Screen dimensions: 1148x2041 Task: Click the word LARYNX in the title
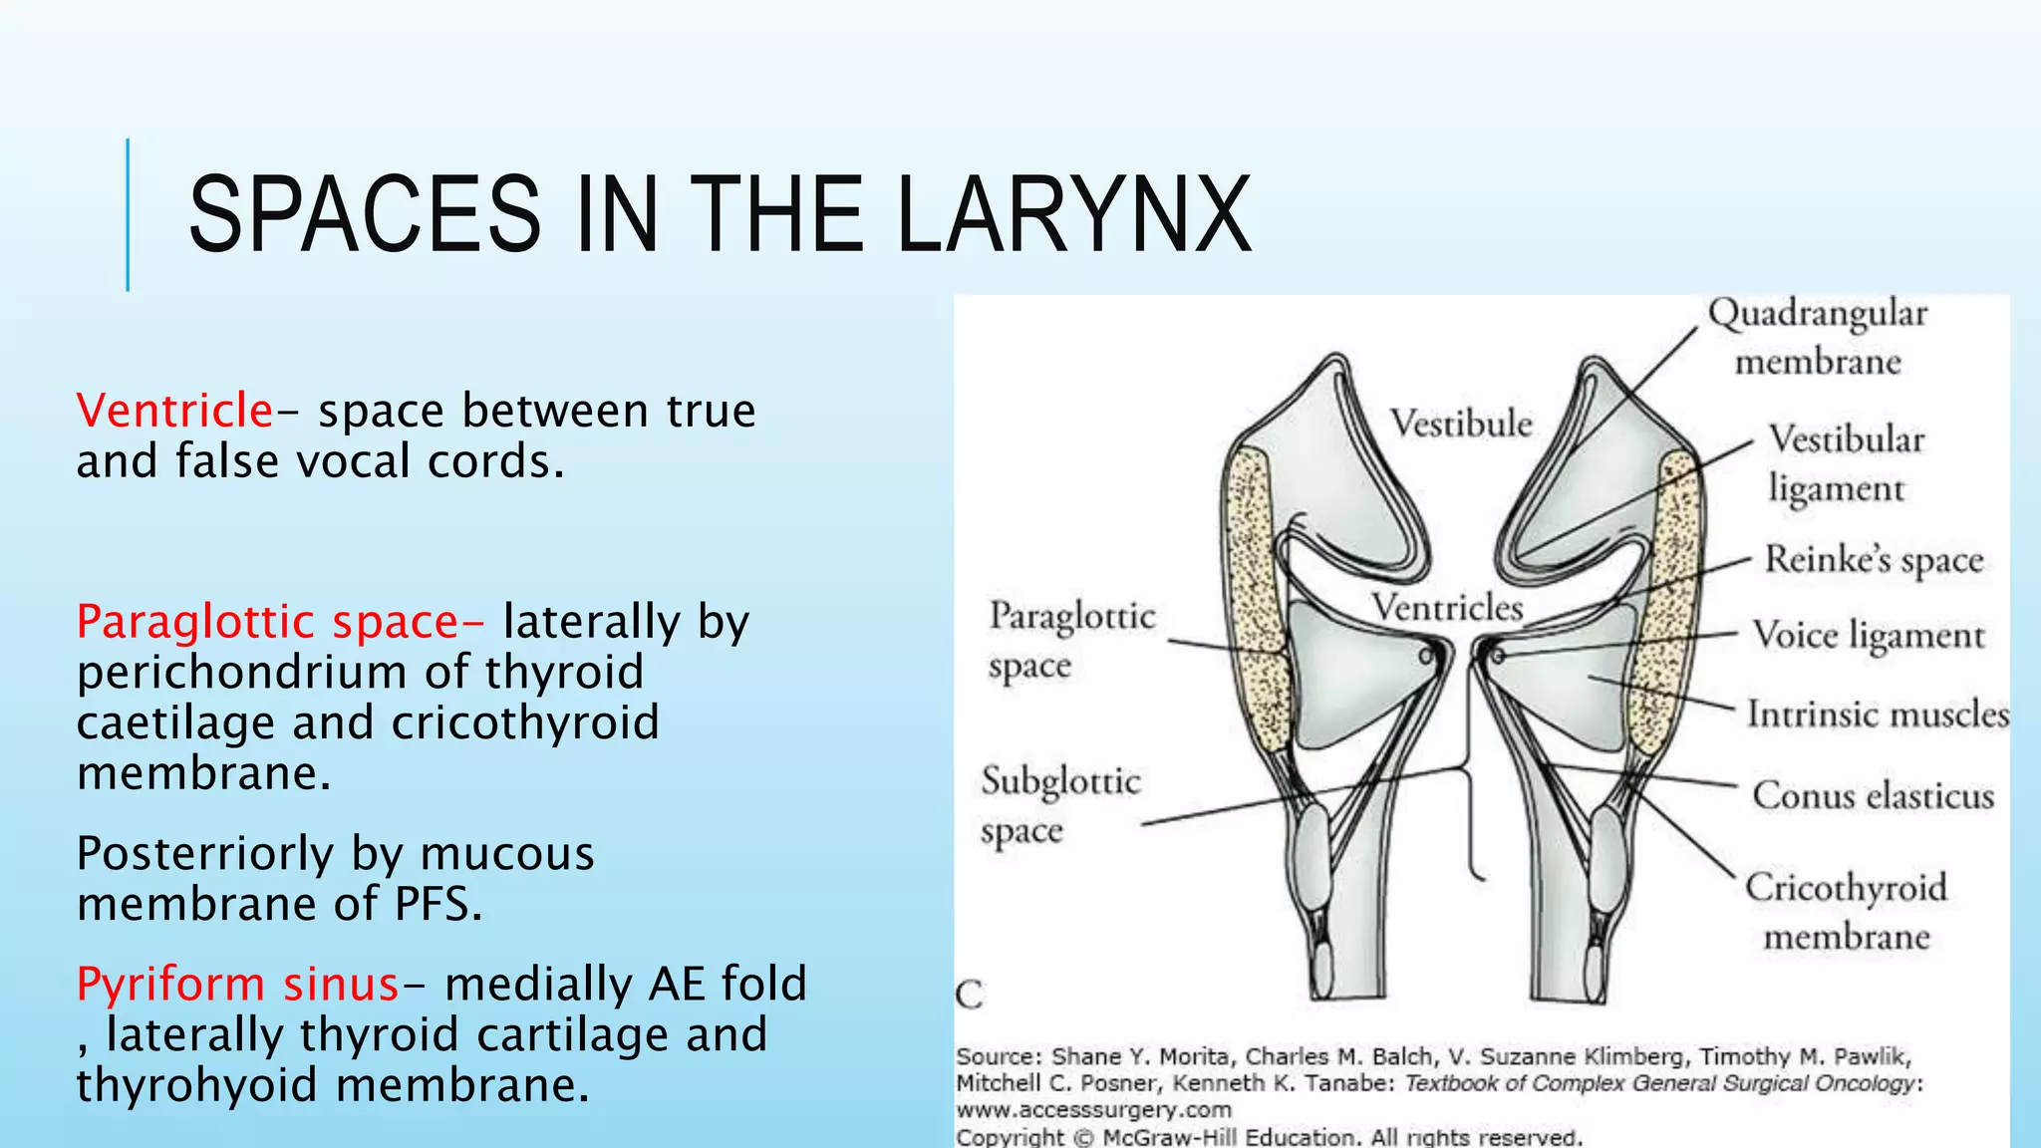point(1073,214)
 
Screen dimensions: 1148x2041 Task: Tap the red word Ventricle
point(174,411)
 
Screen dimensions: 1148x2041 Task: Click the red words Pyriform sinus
point(237,984)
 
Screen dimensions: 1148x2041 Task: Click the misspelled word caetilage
point(175,722)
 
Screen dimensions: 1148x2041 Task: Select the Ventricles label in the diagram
point(1446,607)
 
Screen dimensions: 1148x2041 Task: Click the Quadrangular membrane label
point(1818,337)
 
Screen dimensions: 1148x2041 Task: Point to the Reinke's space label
point(1874,559)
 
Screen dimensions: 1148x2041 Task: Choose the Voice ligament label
point(1869,635)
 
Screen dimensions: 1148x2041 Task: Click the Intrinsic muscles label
point(1878,715)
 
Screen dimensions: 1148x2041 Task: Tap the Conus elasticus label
point(1874,795)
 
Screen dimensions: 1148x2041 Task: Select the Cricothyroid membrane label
point(1846,911)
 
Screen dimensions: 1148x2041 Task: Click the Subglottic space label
point(1058,805)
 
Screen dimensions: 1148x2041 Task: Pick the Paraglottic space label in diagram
point(1070,640)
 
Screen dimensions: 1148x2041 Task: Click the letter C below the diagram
point(969,995)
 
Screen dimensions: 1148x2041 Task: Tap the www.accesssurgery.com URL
point(1093,1109)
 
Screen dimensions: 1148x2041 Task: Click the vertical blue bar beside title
point(128,214)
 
